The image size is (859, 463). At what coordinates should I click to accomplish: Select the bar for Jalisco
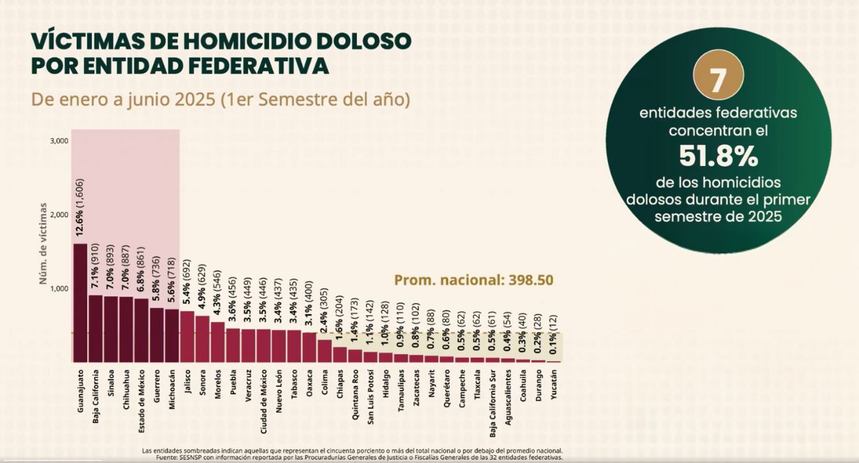[x=187, y=337]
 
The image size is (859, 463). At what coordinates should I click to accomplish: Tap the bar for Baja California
[x=95, y=329]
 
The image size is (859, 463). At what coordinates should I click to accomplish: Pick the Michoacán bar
[x=171, y=336]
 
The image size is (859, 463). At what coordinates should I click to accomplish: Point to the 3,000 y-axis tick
[x=59, y=141]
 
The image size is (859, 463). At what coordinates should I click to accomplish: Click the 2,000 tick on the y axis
[x=59, y=215]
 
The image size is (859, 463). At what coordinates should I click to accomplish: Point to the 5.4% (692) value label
[x=187, y=284]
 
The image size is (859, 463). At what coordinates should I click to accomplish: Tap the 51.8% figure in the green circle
[x=718, y=157]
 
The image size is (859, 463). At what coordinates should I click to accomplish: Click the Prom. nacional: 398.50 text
[x=474, y=280]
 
